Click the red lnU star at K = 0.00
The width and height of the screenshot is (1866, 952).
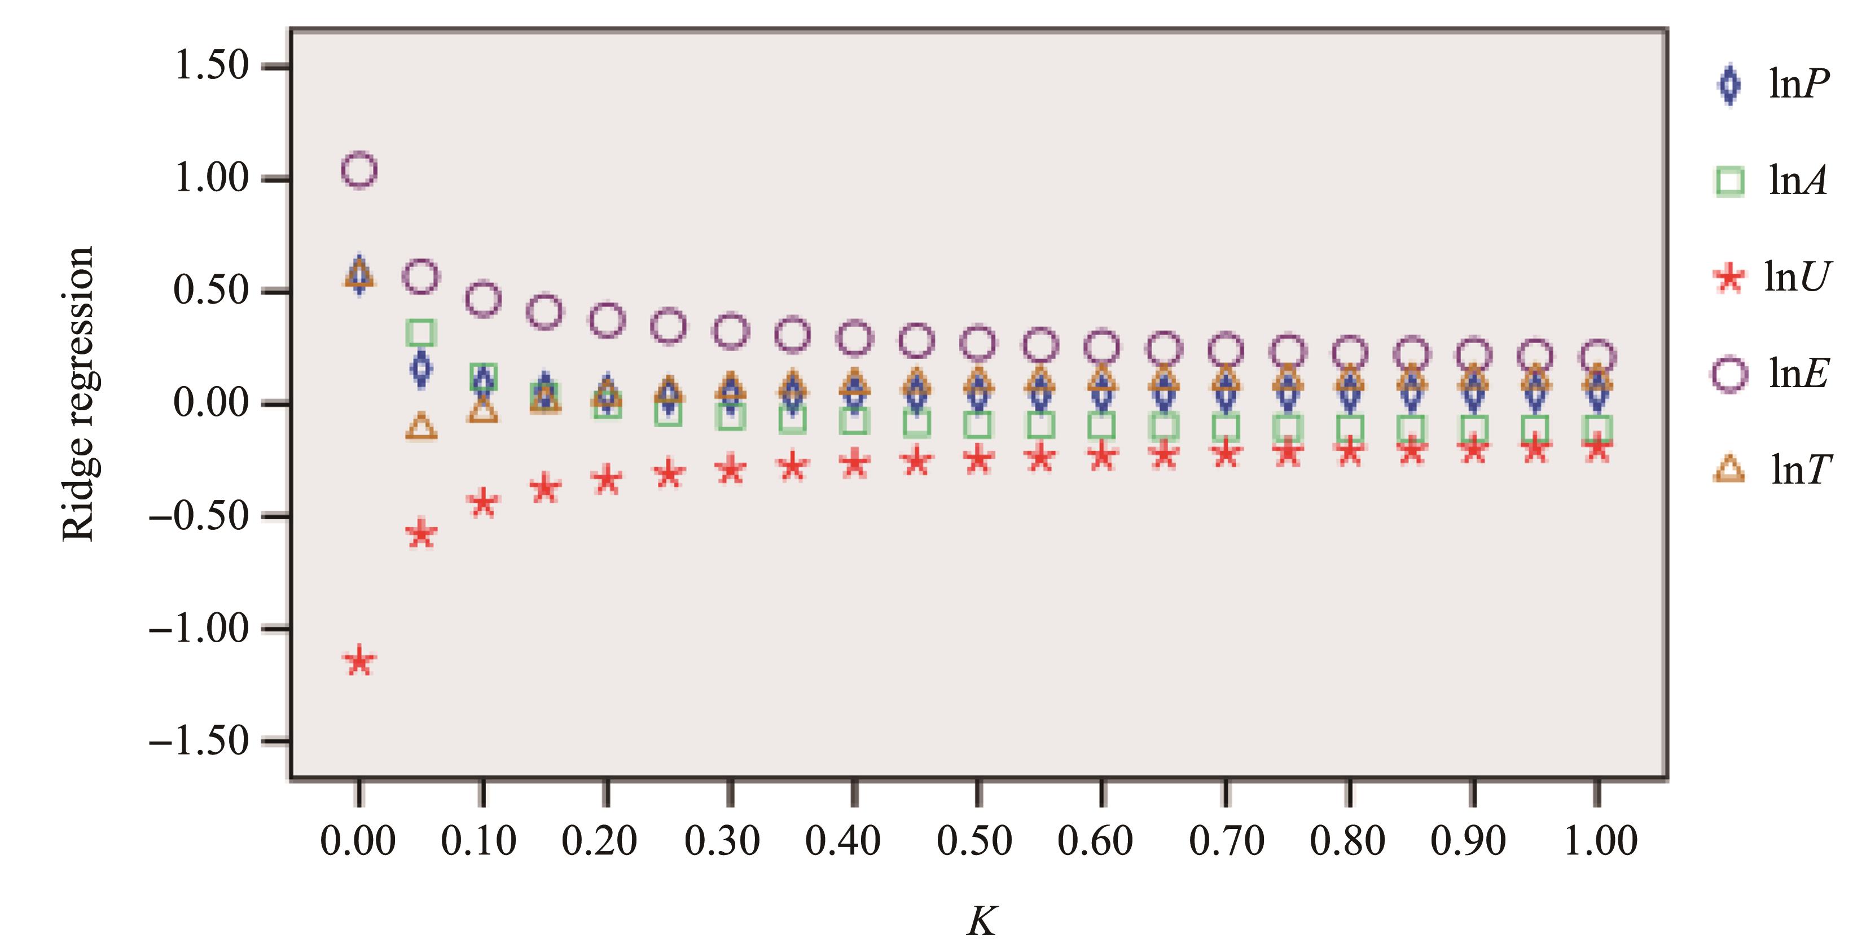[x=359, y=661]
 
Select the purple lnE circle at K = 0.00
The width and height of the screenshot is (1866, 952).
[x=359, y=170]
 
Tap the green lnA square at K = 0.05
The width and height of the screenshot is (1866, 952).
[x=421, y=332]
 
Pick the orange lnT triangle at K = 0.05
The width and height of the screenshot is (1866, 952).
[x=421, y=427]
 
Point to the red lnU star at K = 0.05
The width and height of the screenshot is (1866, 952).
[x=421, y=534]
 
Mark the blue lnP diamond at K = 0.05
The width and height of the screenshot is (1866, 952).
[x=421, y=368]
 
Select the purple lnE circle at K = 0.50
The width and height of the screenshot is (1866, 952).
[x=978, y=342]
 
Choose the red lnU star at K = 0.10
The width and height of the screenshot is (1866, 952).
[x=483, y=502]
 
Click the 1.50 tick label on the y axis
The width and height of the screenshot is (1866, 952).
[x=212, y=66]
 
